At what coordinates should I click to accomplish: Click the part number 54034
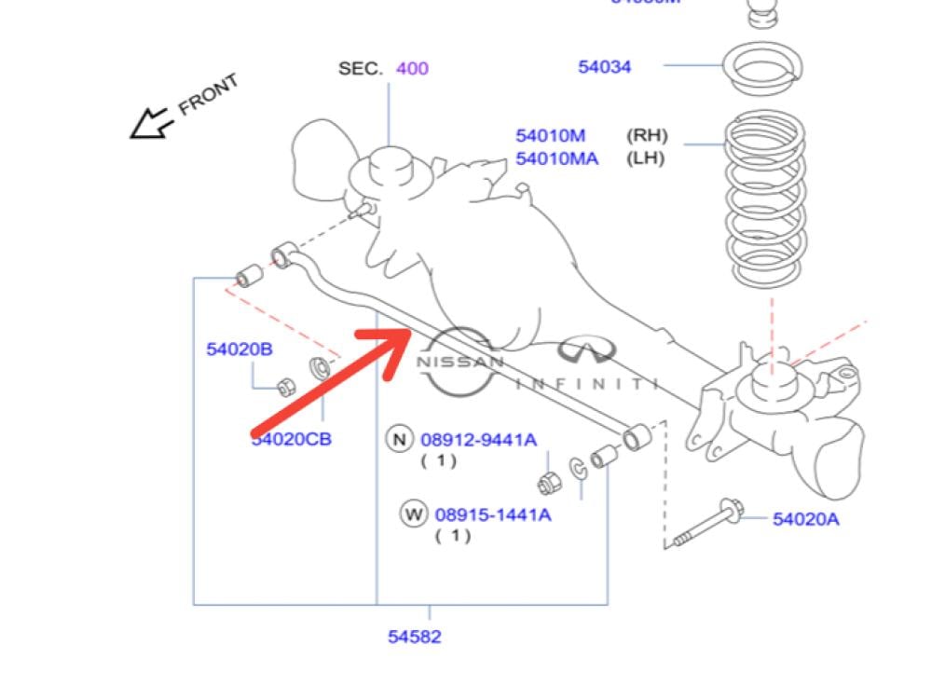pos(604,66)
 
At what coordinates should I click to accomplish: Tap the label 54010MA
pos(557,158)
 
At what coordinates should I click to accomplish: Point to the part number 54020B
pos(240,349)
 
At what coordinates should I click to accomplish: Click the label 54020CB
pos(291,439)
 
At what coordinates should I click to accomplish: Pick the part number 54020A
pos(805,519)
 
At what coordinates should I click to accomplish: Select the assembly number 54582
pos(415,637)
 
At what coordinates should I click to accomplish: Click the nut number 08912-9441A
pos(478,439)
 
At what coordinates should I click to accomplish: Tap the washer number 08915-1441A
pos(486,514)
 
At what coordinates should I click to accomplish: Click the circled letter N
pos(400,439)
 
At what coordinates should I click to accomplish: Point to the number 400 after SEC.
pos(412,68)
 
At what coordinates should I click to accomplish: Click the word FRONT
pos(208,94)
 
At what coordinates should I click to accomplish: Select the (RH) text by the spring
pos(647,136)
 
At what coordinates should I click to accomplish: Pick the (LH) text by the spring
pos(646,158)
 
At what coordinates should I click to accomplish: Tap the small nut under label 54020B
pos(287,388)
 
